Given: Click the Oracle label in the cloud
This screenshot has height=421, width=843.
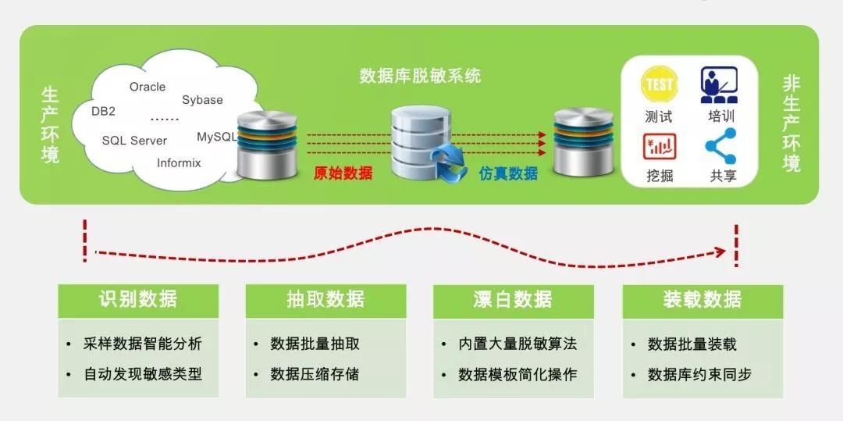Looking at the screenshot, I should [x=148, y=87].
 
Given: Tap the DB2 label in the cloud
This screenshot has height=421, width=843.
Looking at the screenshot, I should [x=103, y=111].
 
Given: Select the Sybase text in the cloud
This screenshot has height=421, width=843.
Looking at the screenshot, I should [x=202, y=100].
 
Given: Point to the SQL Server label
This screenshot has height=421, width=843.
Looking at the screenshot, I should [x=134, y=141].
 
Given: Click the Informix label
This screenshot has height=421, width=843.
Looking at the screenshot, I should [x=179, y=163].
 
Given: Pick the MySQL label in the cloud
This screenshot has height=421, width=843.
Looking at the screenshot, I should [x=216, y=137].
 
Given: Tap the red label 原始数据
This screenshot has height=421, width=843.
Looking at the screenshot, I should [x=343, y=173].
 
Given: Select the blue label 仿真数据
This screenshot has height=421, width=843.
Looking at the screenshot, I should [x=508, y=173].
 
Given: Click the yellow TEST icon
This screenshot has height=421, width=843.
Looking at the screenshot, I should [x=659, y=85].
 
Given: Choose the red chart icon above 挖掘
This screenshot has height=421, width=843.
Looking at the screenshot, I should [x=660, y=146].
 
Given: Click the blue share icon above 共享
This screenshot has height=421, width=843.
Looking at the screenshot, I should [x=720, y=146].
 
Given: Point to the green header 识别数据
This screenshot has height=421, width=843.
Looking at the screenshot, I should [x=138, y=300].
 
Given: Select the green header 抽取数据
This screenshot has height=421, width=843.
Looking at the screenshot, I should [x=325, y=300].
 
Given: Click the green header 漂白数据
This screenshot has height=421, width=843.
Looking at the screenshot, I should [x=513, y=300].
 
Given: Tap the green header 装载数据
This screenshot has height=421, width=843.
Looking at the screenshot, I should [x=702, y=300].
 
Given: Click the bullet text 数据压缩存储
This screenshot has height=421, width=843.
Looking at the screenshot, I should [x=315, y=374].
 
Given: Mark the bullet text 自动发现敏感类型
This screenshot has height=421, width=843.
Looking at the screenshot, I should [x=143, y=374].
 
